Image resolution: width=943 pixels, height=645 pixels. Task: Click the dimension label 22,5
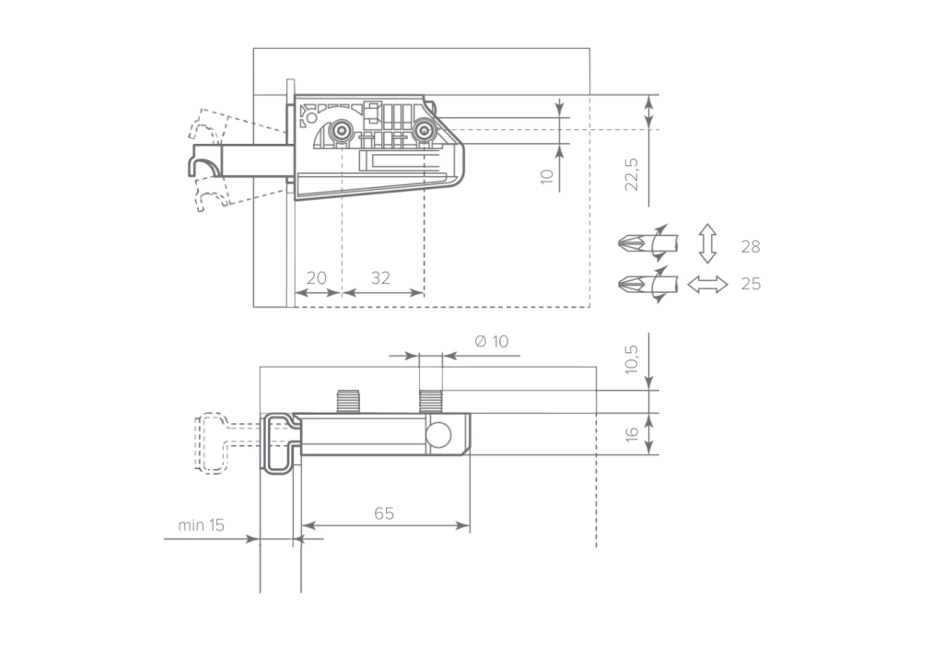point(632,174)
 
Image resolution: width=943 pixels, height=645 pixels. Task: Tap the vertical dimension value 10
point(547,176)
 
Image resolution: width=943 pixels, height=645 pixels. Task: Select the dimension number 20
point(317,278)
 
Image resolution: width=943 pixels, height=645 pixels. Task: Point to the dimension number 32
point(380,278)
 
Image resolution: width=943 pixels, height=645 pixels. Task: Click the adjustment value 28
point(751,247)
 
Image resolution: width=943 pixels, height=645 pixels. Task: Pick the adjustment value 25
point(751,284)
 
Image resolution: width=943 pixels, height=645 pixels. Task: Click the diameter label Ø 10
point(492,341)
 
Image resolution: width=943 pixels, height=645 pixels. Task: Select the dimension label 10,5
point(632,358)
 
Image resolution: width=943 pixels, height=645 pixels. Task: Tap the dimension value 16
point(632,434)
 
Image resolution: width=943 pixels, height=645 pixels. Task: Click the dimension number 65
point(384,513)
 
